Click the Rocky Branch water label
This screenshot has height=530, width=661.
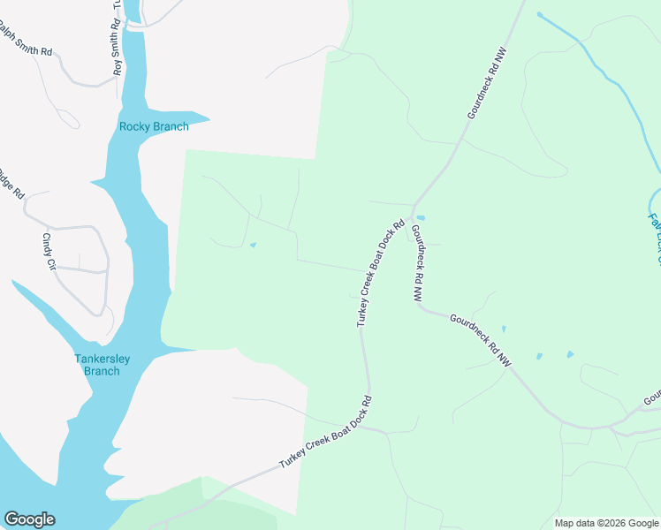point(154,126)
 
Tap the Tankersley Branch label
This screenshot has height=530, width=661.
point(102,365)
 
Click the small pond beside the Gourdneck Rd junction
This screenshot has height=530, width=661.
point(421,217)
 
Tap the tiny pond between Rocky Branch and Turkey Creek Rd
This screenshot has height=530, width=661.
point(254,246)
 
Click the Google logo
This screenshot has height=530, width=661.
point(29,519)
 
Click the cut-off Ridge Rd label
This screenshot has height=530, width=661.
point(11,181)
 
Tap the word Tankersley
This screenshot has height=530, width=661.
point(102,359)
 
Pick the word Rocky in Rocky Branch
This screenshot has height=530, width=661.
point(135,126)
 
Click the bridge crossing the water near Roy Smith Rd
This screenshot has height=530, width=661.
point(133,26)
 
